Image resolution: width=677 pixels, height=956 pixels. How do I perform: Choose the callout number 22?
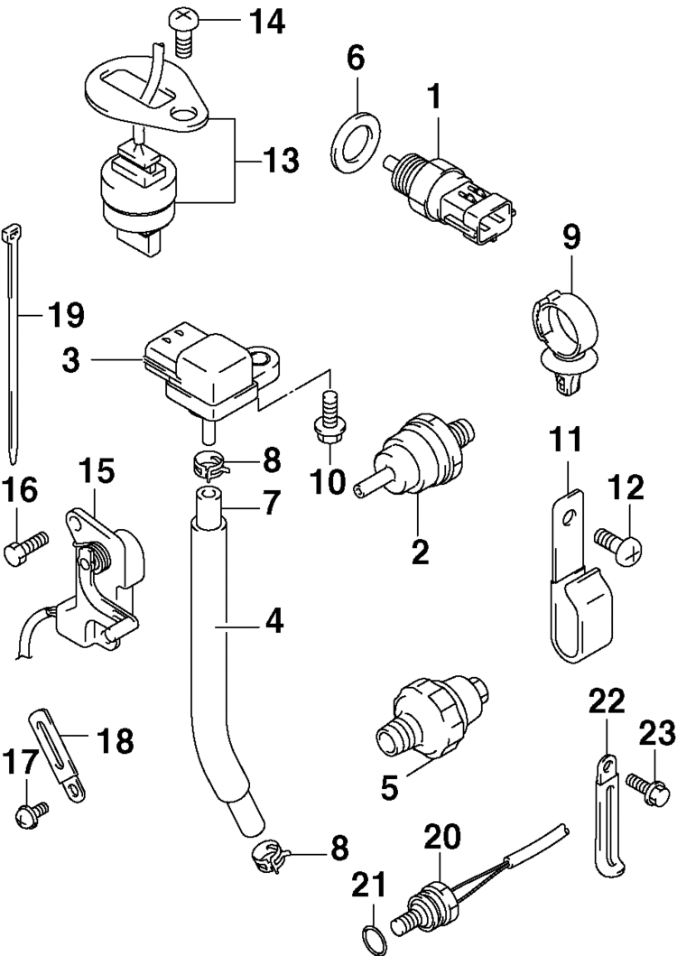point(607,701)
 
